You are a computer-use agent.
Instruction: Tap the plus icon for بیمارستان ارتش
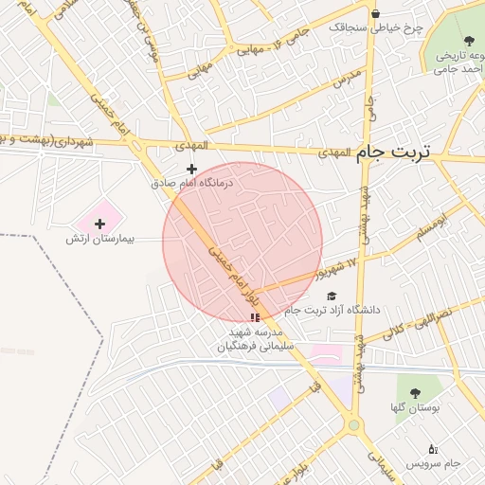point(100,224)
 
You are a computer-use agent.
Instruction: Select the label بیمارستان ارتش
point(100,240)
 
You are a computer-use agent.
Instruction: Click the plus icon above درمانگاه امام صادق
point(191,169)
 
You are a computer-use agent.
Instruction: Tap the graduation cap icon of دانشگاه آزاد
point(332,296)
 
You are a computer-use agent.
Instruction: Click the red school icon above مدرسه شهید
point(254,317)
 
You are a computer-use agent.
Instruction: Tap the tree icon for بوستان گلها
point(414,391)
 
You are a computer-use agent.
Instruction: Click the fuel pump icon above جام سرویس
point(433,449)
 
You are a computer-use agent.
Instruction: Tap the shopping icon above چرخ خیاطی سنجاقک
point(376,13)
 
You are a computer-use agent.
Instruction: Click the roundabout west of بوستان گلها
point(354,425)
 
